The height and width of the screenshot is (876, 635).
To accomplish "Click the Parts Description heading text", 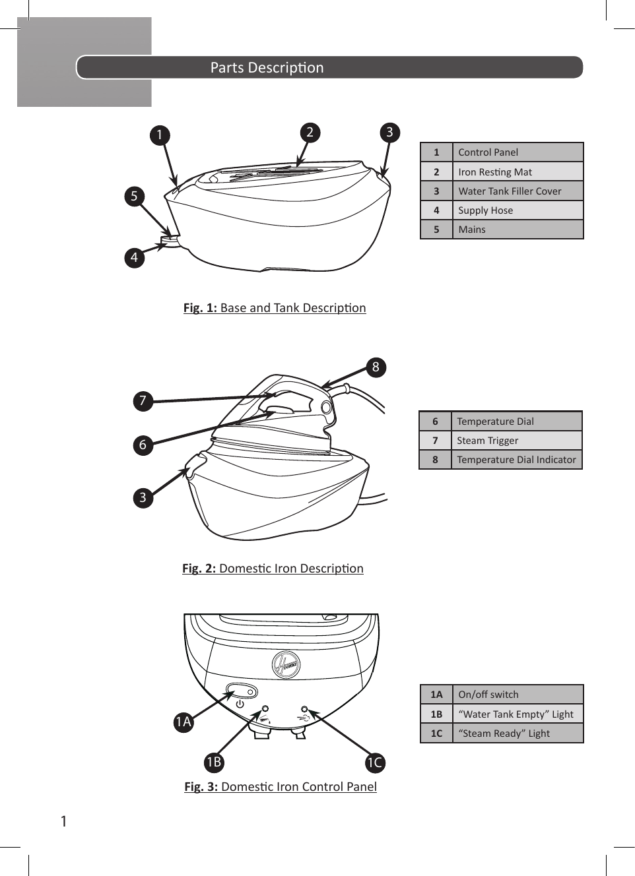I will [x=267, y=68].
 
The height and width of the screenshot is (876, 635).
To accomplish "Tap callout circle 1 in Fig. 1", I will [x=159, y=135].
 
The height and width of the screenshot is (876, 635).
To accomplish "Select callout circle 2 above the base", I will [x=310, y=132].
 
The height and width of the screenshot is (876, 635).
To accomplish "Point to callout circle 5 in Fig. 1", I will [x=134, y=196].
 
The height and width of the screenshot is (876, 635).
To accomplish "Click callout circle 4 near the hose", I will [x=134, y=257].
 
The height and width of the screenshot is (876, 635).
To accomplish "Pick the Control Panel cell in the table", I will [x=517, y=152].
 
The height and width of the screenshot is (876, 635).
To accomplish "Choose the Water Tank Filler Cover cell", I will [x=517, y=191].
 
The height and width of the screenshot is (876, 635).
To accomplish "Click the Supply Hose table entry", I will [x=517, y=210].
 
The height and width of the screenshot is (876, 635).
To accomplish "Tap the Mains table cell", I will [x=517, y=230].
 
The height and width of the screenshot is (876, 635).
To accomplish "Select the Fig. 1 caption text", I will [x=275, y=308].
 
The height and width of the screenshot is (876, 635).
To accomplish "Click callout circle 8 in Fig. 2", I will [x=376, y=367].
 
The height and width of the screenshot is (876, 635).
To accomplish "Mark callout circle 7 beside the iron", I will [x=143, y=400].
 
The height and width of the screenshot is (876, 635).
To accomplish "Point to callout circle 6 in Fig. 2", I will [x=143, y=445].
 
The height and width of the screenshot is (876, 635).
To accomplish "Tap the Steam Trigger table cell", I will [x=516, y=441].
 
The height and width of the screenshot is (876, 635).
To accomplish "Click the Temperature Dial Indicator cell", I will [x=516, y=460].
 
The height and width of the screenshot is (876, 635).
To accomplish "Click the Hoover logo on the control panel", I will [x=286, y=665].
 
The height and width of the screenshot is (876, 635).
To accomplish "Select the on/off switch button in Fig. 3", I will [x=242, y=692].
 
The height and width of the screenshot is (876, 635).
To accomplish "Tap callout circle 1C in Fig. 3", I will [x=375, y=763].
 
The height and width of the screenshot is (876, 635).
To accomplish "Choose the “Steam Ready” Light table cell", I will [x=517, y=734].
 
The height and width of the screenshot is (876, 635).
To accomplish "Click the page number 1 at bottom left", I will [x=63, y=821].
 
